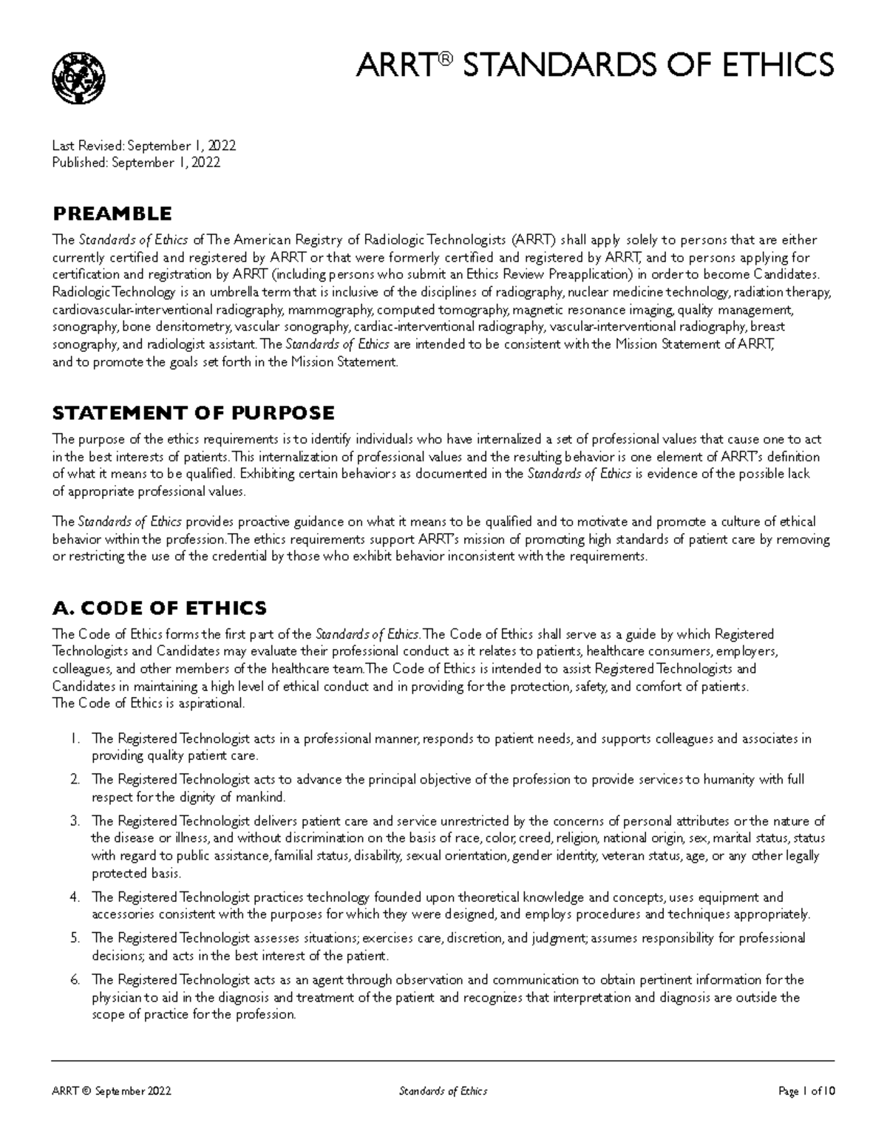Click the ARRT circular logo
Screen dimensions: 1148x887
[78, 78]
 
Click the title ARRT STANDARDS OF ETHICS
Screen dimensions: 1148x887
[595, 64]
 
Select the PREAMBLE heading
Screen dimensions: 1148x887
[112, 214]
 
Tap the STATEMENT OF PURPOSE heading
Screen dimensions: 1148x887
[193, 412]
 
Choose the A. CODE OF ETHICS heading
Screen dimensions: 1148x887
[159, 608]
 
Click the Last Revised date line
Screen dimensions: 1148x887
[144, 146]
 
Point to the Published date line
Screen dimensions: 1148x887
[136, 163]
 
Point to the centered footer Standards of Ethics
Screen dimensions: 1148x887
[443, 1091]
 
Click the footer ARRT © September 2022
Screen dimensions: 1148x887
[112, 1091]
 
